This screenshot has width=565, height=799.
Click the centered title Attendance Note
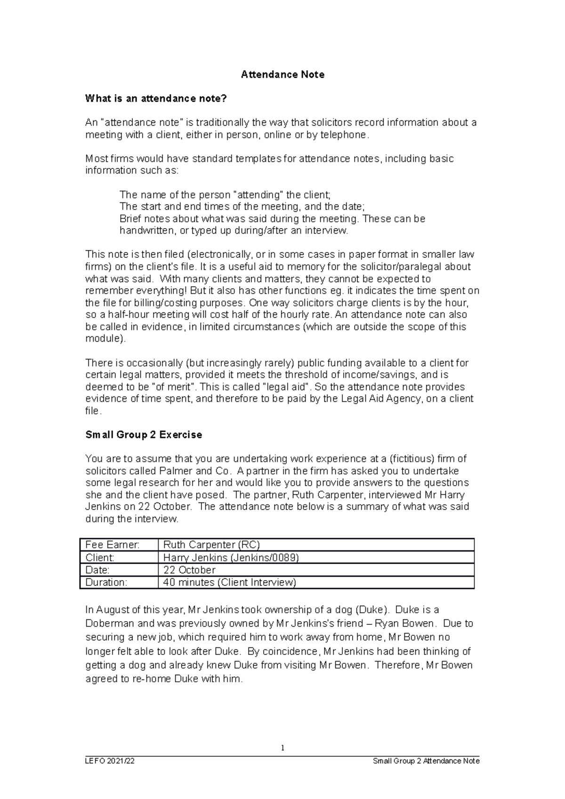coord(282,74)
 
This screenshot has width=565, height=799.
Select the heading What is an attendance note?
coord(156,98)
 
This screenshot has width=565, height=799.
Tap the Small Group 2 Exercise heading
coord(144,435)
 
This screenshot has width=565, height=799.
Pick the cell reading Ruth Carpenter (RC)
coord(211,545)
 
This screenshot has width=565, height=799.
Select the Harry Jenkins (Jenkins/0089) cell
coord(231,558)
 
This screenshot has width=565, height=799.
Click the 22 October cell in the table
coord(189,570)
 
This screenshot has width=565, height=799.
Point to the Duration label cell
coord(106,583)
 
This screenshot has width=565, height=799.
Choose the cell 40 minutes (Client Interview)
coord(229,583)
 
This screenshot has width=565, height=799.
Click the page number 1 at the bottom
coord(282,748)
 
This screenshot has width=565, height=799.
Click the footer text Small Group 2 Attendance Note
coord(426,761)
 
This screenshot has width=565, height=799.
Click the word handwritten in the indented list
coord(147,231)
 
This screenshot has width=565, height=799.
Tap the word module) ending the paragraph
coord(105,339)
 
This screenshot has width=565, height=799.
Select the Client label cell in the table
coord(100,558)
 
